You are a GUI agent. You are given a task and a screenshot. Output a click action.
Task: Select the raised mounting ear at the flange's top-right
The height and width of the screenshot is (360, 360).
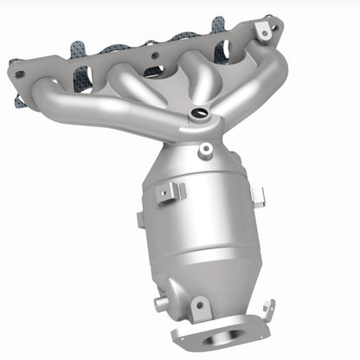point(262,30)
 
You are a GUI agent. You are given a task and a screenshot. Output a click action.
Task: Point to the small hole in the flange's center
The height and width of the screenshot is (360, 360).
point(156,55)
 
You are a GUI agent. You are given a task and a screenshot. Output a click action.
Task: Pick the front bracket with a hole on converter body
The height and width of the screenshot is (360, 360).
point(171,192)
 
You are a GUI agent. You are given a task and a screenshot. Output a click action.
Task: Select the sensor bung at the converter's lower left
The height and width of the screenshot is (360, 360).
point(161,305)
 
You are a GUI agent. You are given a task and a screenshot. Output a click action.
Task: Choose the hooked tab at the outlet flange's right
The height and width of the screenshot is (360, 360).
point(267,310)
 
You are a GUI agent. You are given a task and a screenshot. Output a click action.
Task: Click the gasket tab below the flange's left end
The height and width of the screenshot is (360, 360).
point(19,100)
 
